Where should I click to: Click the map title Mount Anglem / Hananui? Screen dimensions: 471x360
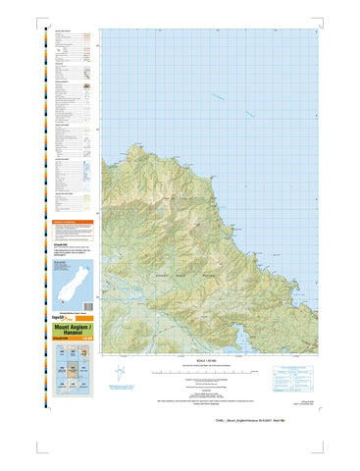[71, 331]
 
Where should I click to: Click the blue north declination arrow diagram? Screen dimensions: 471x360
[119, 373]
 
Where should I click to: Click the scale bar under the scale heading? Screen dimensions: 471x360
[207, 374]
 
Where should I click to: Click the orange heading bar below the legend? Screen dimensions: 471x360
[71, 223]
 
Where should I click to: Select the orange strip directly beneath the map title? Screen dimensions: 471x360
[71, 341]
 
